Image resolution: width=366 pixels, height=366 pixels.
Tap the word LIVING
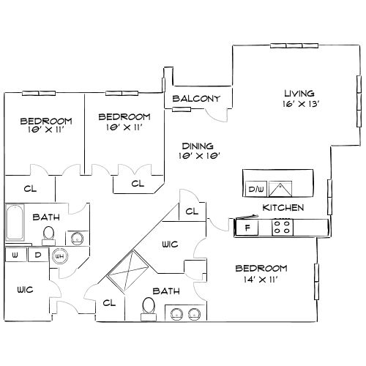pos(299,93)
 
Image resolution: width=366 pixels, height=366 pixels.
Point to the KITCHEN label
pos(283,208)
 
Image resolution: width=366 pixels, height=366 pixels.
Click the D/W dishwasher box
pos(255,190)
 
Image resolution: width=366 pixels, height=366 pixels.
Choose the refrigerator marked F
pos(247,228)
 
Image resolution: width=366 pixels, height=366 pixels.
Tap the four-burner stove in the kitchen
pos(282,228)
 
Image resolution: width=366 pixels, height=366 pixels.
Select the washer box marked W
pos(14,255)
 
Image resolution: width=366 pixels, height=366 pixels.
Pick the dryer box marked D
pos(37,255)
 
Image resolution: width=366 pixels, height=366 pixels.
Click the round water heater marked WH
pos(59,255)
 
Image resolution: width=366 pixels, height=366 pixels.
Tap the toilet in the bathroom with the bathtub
pos(48,234)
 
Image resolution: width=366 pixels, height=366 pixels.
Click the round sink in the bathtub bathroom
pos(76,236)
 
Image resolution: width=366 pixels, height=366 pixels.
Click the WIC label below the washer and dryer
pos(24,289)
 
